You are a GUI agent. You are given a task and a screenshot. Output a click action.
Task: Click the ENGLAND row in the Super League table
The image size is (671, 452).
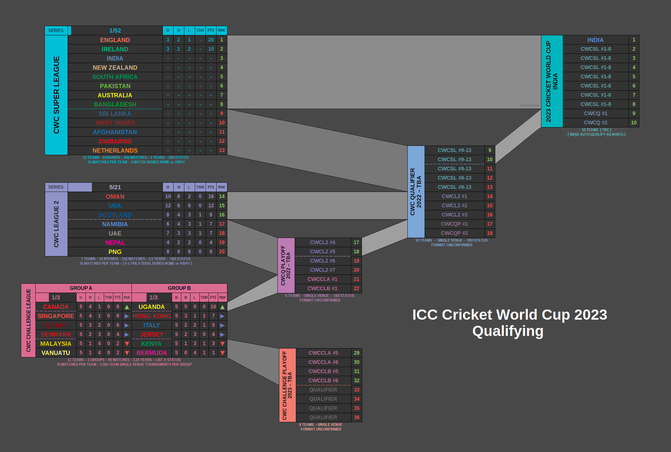[115, 40]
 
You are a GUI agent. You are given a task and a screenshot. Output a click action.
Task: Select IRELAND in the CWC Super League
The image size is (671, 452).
[115, 49]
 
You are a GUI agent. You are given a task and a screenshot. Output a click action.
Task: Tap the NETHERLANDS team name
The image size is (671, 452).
[115, 150]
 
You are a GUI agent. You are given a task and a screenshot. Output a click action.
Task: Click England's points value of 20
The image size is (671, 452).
[211, 40]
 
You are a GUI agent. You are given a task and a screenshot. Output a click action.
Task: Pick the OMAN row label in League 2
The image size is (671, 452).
[115, 197]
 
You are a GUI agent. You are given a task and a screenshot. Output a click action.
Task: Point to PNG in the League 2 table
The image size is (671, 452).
[115, 251]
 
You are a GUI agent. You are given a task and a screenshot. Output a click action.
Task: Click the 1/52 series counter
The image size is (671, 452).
[115, 30]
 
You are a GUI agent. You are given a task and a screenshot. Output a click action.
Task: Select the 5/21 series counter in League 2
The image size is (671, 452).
[115, 187]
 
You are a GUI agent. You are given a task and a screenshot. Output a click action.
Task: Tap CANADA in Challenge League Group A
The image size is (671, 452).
[55, 307]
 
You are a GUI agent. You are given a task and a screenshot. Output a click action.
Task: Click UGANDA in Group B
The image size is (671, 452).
[152, 307]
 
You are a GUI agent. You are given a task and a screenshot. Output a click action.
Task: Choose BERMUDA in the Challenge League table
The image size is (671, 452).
[152, 353]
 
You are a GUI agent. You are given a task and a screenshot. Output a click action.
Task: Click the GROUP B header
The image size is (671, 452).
[179, 288]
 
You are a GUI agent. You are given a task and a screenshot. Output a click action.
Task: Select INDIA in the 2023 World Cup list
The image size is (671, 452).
[595, 40]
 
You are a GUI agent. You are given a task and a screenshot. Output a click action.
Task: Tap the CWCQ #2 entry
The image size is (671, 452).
[595, 122]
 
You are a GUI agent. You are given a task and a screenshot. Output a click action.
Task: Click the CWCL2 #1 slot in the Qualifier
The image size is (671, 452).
[454, 196]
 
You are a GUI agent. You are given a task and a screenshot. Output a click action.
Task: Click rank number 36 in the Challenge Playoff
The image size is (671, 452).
[356, 417]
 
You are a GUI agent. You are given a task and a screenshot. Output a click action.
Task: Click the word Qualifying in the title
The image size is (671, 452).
[508, 331]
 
